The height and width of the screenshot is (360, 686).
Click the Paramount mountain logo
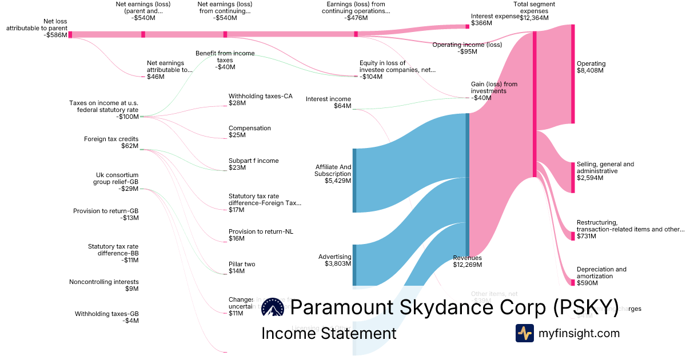(x=273, y=307)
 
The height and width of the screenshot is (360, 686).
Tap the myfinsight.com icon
(x=524, y=333)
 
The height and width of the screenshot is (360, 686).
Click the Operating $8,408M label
(x=591, y=67)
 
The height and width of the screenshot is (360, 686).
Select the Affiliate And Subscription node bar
(x=354, y=181)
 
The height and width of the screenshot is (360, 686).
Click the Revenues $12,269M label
(x=467, y=261)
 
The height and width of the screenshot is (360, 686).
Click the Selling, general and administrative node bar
(x=573, y=177)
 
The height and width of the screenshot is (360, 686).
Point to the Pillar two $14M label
(x=242, y=267)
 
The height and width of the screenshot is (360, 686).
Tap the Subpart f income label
(x=253, y=164)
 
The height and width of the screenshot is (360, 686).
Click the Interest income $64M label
(x=328, y=102)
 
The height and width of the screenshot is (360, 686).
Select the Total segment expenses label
(x=534, y=11)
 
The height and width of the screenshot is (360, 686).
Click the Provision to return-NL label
(x=260, y=235)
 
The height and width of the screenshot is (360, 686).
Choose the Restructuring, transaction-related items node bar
(x=573, y=236)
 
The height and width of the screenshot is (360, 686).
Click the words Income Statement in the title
(x=329, y=333)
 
